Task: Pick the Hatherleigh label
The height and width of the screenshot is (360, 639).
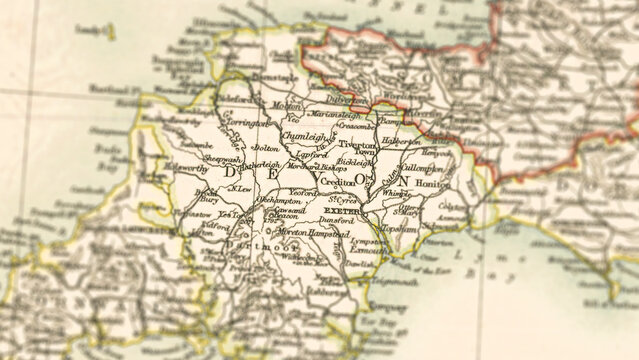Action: click(x=263, y=164)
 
